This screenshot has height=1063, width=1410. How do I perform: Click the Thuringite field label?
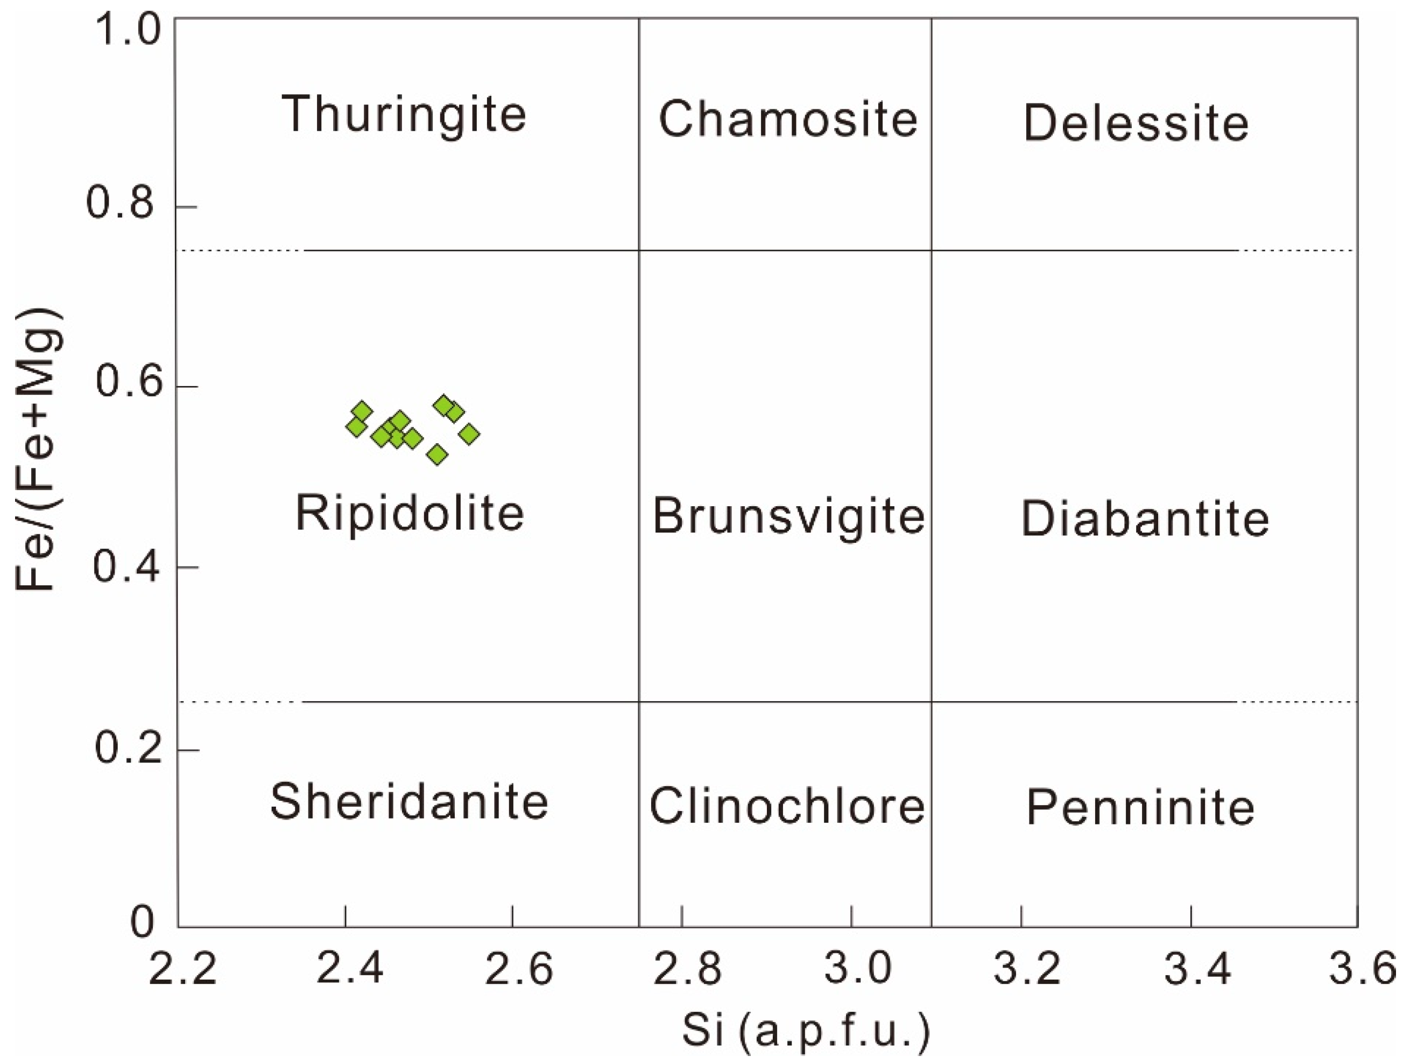point(404,115)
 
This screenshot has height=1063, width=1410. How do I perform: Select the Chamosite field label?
point(788,119)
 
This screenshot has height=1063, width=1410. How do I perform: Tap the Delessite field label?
point(1136,123)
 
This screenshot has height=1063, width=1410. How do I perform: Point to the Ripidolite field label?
point(410,514)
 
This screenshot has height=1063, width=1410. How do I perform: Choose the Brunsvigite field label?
point(788,516)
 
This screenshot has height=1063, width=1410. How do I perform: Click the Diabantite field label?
point(1145,519)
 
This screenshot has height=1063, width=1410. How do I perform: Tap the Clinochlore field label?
point(787,806)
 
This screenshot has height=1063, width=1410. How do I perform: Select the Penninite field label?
point(1140,807)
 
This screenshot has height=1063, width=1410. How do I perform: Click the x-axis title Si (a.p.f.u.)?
point(806,1031)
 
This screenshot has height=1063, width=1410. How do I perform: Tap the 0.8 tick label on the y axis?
point(122,204)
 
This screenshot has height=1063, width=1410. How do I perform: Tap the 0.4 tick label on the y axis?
point(124,567)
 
